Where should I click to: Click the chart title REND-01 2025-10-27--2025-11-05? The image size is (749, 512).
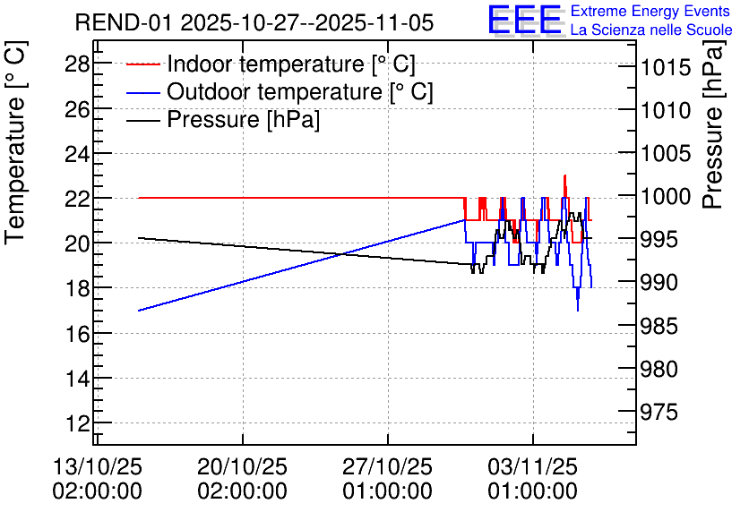pyautogui.click(x=254, y=22)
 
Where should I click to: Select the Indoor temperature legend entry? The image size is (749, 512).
pyautogui.click(x=271, y=64)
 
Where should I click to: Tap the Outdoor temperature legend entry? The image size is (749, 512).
pyautogui.click(x=280, y=91)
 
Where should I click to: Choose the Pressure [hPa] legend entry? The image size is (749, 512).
pyautogui.click(x=223, y=119)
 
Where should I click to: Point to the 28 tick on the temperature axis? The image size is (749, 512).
pyautogui.click(x=77, y=64)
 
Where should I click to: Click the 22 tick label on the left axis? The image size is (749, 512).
pyautogui.click(x=77, y=198)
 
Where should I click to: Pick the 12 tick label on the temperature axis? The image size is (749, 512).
pyautogui.click(x=77, y=422)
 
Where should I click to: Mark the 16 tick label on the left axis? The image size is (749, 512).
pyautogui.click(x=77, y=333)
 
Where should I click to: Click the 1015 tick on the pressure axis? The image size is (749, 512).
pyautogui.click(x=659, y=67)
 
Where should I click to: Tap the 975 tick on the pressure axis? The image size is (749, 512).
pyautogui.click(x=659, y=412)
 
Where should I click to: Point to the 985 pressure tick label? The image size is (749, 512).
pyautogui.click(x=659, y=327)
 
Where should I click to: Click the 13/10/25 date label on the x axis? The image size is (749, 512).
pyautogui.click(x=97, y=466)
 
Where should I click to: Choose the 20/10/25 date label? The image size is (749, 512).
pyautogui.click(x=242, y=466)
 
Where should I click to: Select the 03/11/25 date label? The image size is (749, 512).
pyautogui.click(x=532, y=466)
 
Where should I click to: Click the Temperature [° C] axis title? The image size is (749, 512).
pyautogui.click(x=15, y=142)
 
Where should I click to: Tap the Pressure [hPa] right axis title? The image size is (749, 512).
pyautogui.click(x=714, y=124)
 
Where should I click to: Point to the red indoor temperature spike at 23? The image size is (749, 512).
pyautogui.click(x=565, y=175)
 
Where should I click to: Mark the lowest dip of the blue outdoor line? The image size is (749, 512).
pyautogui.click(x=578, y=311)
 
